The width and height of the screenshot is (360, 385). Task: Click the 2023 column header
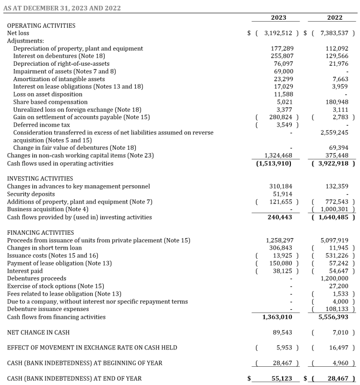coord(278,18)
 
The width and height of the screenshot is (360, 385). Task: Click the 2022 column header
coord(335,18)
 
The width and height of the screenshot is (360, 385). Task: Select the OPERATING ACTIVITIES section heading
coord(41,25)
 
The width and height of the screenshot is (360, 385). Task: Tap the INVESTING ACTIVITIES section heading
coord(40,179)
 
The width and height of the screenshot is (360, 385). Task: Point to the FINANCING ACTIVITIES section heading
coord(40,232)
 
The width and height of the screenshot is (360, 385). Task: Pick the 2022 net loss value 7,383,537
coord(335,33)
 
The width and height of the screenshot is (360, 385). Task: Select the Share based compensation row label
coord(50,102)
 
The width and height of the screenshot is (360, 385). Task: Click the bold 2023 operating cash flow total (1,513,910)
coord(275,163)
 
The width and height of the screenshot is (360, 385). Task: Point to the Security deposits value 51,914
coord(283,194)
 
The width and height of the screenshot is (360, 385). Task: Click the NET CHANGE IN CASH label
coord(38,332)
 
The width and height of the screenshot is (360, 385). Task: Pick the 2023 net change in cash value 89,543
coord(283,332)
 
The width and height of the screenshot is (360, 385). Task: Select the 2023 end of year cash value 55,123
coord(282,378)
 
